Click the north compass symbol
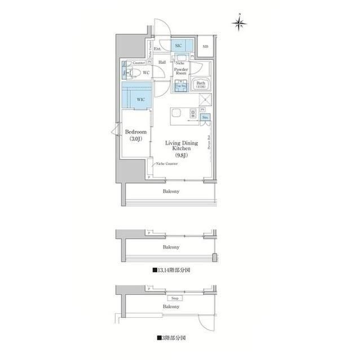click(x=240, y=23)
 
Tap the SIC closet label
click(x=178, y=46)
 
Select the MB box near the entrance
click(x=205, y=47)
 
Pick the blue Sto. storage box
click(x=205, y=117)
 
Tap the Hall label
click(x=162, y=62)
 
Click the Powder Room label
click(x=180, y=71)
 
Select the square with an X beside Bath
click(x=206, y=101)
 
